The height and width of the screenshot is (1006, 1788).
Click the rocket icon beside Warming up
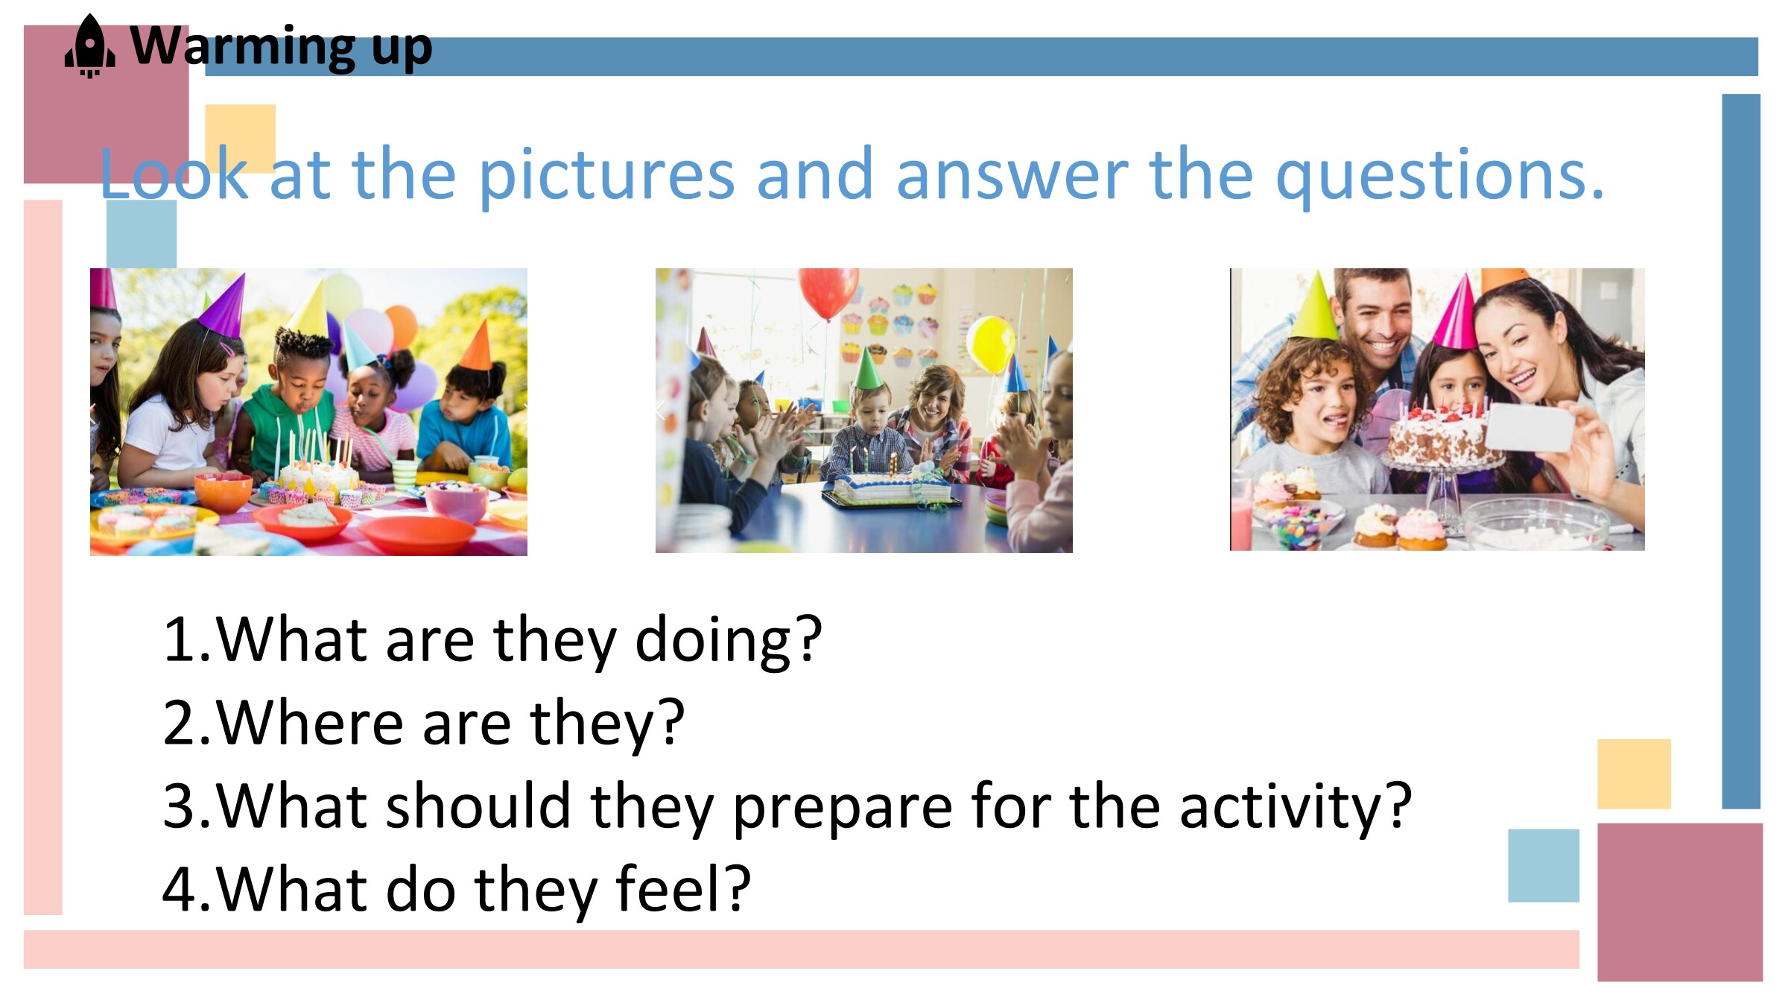pyautogui.click(x=90, y=45)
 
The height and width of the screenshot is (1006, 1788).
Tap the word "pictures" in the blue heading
pyautogui.click(x=606, y=177)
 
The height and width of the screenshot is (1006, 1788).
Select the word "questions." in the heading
pyautogui.click(x=1439, y=177)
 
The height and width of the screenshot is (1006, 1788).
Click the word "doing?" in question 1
pyautogui.click(x=728, y=641)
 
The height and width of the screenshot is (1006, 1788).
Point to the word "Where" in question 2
pyautogui.click(x=310, y=723)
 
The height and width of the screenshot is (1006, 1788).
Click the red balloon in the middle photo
pyautogui.click(x=828, y=292)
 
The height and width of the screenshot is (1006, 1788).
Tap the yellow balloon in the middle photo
pyautogui.click(x=991, y=344)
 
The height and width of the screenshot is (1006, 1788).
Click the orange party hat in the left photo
pyautogui.click(x=478, y=347)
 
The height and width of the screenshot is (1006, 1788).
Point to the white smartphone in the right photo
pyautogui.click(x=1529, y=427)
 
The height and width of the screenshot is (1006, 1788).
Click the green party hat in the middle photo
pyautogui.click(x=868, y=369)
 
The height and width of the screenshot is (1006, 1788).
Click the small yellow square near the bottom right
pyautogui.click(x=1634, y=774)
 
